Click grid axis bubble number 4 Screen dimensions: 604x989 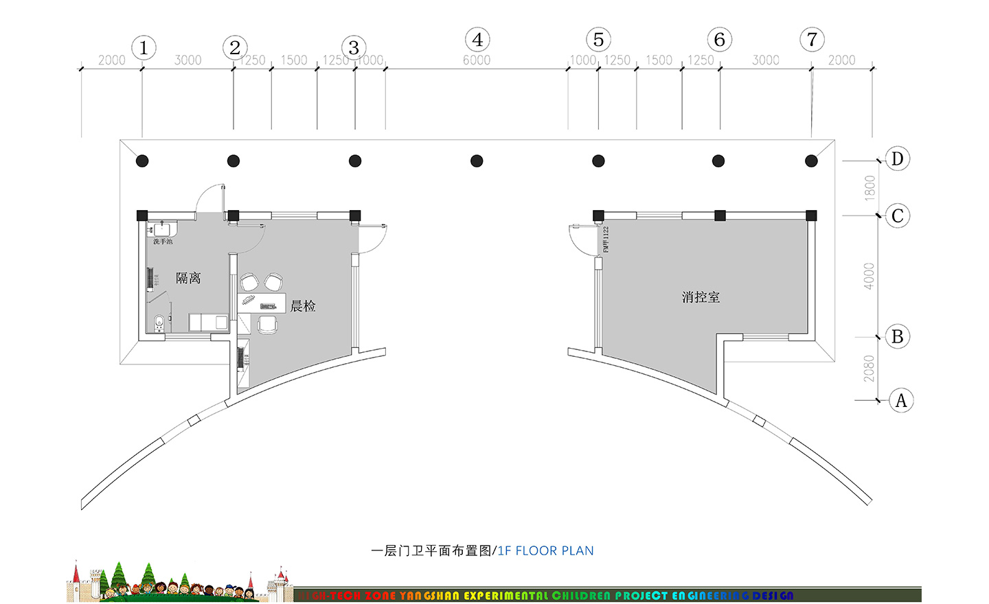[x=477, y=40]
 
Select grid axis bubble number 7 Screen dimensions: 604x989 [x=812, y=39]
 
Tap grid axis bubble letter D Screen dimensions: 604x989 [x=897, y=159]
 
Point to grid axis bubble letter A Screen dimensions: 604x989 [x=901, y=400]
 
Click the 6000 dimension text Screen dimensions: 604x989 [x=477, y=60]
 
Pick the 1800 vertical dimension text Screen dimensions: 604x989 [x=870, y=188]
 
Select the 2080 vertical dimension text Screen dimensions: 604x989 [x=869, y=369]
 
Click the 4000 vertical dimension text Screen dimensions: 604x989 [x=869, y=276]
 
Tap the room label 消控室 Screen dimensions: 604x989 [x=701, y=297]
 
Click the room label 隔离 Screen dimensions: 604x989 [x=188, y=278]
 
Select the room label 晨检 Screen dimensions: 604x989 [x=303, y=306]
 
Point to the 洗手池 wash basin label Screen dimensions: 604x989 [x=163, y=242]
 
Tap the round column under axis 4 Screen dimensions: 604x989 [x=477, y=161]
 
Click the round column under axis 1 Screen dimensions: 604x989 [x=142, y=161]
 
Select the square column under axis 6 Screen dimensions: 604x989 [x=720, y=216]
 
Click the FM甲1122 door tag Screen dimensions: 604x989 [x=606, y=240]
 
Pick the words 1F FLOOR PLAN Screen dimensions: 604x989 [x=545, y=550]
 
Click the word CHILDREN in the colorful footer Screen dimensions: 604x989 [x=581, y=596]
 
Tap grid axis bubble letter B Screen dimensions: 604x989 [x=897, y=337]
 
